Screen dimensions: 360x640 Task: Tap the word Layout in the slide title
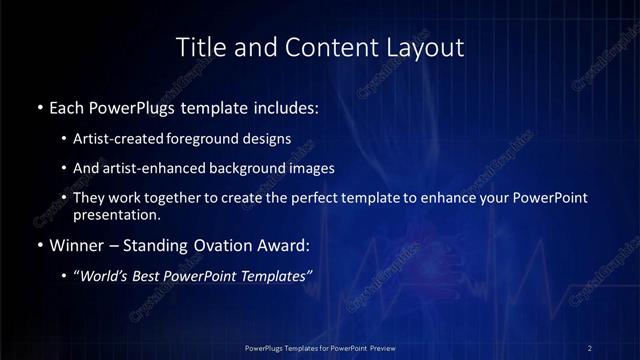click(x=426, y=47)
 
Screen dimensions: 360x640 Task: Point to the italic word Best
click(x=160, y=276)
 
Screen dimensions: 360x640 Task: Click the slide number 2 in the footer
click(x=590, y=347)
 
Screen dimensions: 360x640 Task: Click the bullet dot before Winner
click(x=39, y=244)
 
